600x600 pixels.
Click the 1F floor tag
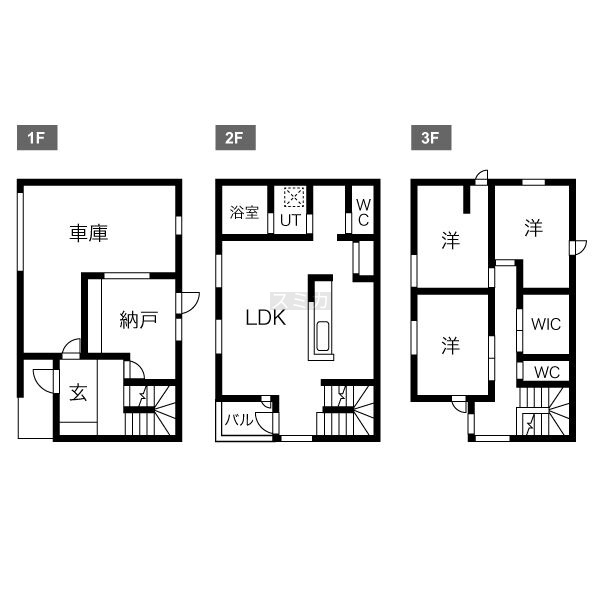click(37, 137)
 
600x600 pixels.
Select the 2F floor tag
click(235, 137)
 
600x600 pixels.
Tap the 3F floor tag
click(431, 137)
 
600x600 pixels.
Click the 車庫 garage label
click(89, 233)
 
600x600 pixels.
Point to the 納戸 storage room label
click(139, 320)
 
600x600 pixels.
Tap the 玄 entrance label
click(78, 392)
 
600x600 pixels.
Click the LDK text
click(266, 318)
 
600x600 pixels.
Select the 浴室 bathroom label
click(245, 212)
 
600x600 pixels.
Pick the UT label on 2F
click(290, 220)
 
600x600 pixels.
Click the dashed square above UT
click(294, 197)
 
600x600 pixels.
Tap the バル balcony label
click(239, 420)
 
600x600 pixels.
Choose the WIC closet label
click(546, 324)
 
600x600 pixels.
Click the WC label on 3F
click(547, 372)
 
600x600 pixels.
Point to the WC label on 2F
click(363, 212)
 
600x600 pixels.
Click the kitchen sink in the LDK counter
click(323, 336)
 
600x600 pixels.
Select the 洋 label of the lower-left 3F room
click(450, 345)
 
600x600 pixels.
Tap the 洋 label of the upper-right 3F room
click(533, 228)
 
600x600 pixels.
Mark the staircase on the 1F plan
click(150, 410)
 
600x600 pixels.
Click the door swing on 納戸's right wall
click(190, 303)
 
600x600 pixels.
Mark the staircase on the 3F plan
click(543, 411)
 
